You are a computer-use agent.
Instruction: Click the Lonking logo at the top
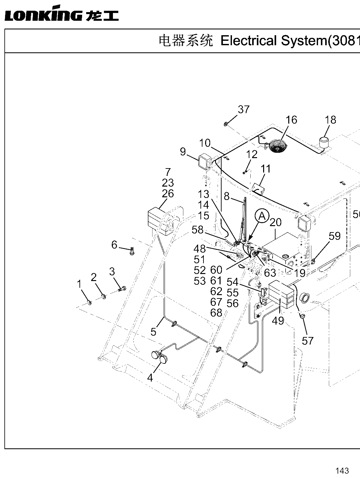(x=62, y=13)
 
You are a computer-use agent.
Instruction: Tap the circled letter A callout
(x=262, y=216)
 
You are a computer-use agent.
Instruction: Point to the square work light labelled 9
(x=204, y=162)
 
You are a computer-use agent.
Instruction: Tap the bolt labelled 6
(x=132, y=251)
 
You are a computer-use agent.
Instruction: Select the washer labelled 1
(x=89, y=302)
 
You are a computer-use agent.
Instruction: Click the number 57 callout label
(x=307, y=341)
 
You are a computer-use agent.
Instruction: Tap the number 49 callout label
(x=278, y=321)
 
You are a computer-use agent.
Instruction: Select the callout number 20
(x=276, y=222)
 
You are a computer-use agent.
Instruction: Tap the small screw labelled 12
(x=244, y=173)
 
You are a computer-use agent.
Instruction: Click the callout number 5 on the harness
(x=154, y=332)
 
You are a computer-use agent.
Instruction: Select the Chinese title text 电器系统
(x=186, y=41)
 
